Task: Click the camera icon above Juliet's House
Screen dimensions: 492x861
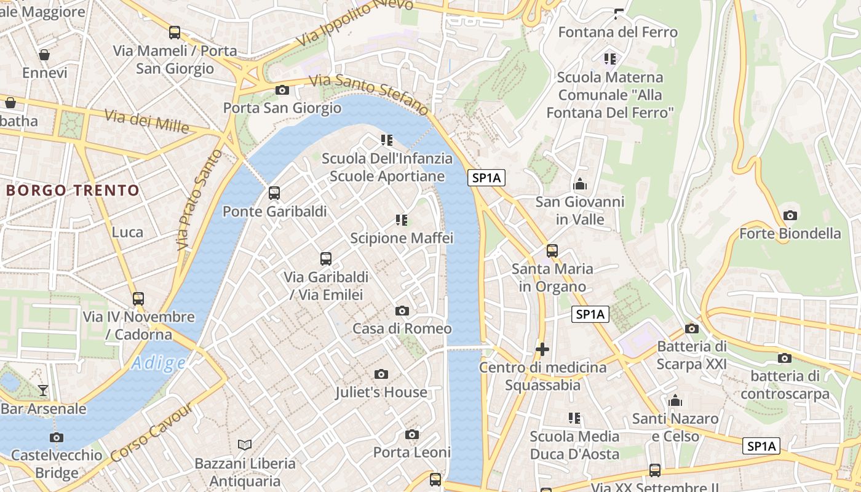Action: click(x=381, y=374)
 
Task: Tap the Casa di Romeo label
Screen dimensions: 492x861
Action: click(x=402, y=328)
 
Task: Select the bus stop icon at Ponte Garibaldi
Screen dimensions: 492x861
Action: click(x=274, y=193)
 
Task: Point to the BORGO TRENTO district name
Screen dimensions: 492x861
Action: click(x=73, y=190)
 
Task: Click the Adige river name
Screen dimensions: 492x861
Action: click(x=158, y=363)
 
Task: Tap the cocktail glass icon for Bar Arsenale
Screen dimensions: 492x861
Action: click(x=42, y=390)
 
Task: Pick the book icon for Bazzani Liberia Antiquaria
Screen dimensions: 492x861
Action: click(x=245, y=445)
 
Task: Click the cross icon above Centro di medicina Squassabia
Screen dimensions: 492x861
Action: click(x=542, y=349)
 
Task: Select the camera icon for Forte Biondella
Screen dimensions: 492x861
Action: click(x=790, y=215)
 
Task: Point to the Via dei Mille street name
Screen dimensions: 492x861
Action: click(x=146, y=121)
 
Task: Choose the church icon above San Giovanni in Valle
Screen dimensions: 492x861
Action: click(x=579, y=184)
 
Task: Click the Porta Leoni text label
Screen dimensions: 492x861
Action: click(x=412, y=452)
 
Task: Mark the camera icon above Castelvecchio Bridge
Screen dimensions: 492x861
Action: click(x=57, y=437)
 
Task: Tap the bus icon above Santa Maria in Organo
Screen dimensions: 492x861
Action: click(x=552, y=251)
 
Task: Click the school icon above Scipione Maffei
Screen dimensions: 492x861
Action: click(x=402, y=220)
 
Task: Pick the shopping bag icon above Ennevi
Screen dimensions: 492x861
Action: click(x=44, y=55)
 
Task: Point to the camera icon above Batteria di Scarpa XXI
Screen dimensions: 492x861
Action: click(x=691, y=328)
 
